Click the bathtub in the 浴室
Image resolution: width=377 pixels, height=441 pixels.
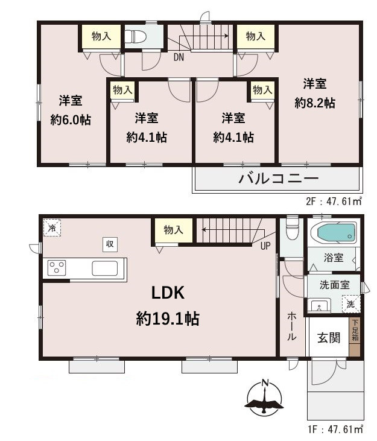pos(334,232)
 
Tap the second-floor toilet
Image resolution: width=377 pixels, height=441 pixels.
pos(135,36)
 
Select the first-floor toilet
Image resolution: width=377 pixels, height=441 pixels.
pos(292,228)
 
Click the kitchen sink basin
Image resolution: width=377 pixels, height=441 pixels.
pos(104,268)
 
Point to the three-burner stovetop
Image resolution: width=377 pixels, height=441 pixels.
pos(57,268)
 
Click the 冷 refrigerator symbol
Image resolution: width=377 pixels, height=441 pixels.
pos(52,228)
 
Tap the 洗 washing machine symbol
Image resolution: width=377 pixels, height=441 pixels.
pos(351,303)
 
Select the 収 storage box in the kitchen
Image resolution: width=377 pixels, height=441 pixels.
pos(110,244)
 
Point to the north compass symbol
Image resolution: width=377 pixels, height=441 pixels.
pos(264,398)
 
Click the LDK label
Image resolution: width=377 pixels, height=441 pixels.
pos(168,293)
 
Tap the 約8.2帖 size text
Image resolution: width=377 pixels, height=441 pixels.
pos(315,103)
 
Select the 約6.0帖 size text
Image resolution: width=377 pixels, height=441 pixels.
pos(71,120)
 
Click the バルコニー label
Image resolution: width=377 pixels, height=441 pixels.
pos(278,179)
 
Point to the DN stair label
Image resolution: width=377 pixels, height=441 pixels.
pos(179,57)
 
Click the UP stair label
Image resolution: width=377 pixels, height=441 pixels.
pos(265,246)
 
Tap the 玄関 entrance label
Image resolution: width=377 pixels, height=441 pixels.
pos(329,338)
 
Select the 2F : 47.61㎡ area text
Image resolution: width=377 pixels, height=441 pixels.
pos(334,201)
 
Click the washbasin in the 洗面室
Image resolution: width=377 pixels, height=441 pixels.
pos(319,306)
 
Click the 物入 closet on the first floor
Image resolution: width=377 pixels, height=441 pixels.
pos(173,230)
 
